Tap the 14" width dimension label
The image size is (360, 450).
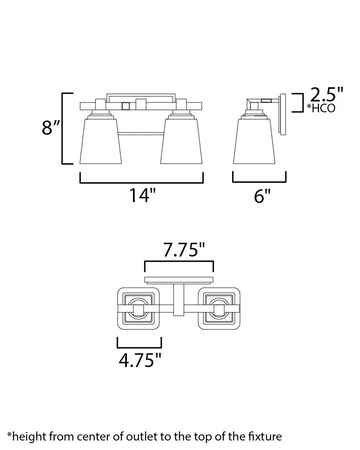[142, 195]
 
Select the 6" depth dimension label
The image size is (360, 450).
[262, 196]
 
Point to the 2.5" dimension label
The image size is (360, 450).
[327, 95]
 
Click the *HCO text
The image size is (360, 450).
[321, 108]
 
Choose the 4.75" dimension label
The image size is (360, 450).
[140, 360]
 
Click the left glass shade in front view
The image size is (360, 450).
[101, 141]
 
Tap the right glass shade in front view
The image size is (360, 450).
[181, 141]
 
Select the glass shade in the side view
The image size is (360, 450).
[254, 141]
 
